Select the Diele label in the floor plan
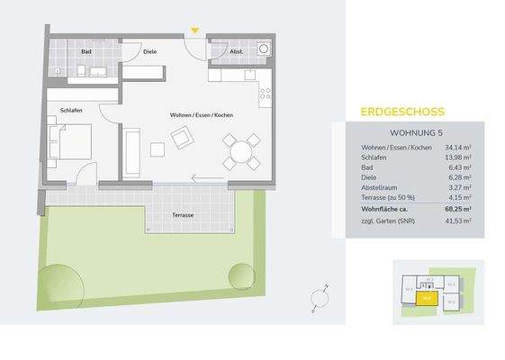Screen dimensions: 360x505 150,51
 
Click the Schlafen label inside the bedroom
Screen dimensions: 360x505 71,110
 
